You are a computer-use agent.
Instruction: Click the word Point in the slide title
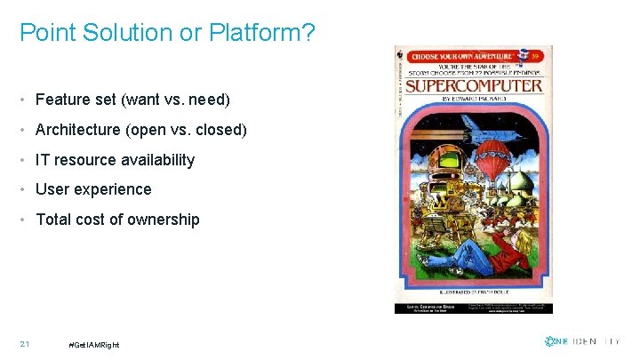(x=41, y=33)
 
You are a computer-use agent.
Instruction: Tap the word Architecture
(x=77, y=130)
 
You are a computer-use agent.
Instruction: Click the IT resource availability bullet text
(x=115, y=160)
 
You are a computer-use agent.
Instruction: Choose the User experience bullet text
(x=93, y=189)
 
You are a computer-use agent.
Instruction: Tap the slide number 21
(x=25, y=344)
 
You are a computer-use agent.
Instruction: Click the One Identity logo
(x=582, y=341)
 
